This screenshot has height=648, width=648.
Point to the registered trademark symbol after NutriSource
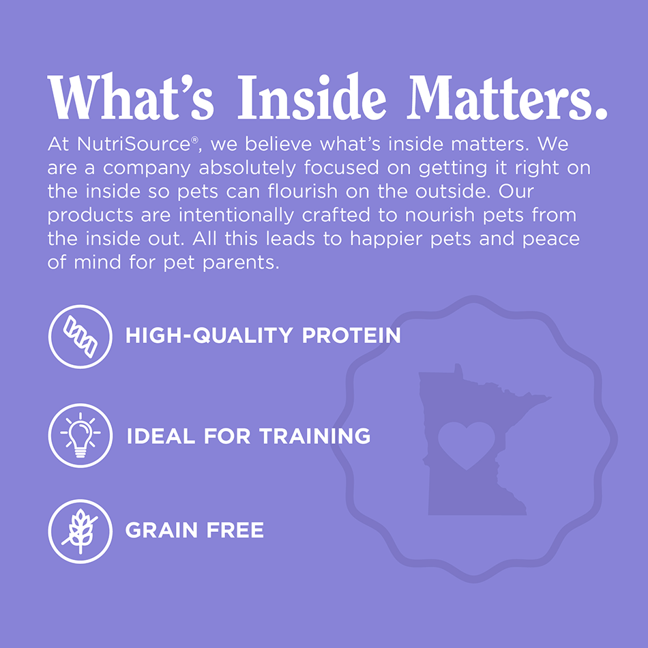(194, 140)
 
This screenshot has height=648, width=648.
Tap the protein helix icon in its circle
(80, 336)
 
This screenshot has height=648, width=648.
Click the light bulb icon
(80, 435)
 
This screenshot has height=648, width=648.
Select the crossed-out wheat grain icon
(80, 531)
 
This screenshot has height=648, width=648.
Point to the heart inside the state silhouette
(466, 444)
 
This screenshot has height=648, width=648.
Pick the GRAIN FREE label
(194, 531)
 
